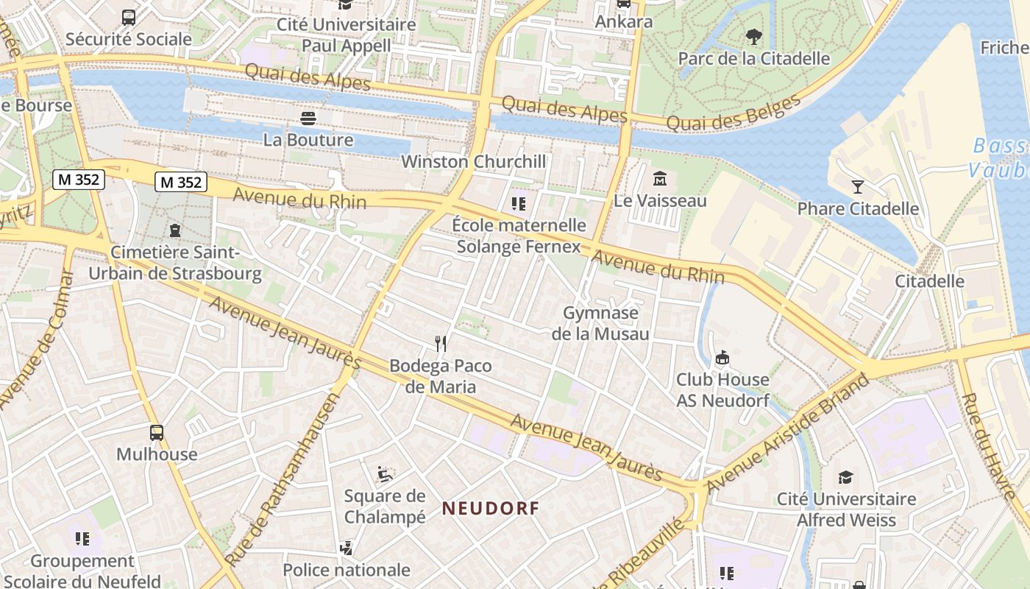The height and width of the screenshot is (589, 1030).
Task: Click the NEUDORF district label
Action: tap(491, 507)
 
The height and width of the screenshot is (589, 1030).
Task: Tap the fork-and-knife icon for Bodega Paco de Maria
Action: tap(441, 343)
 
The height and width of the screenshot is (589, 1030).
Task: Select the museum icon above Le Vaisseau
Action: tap(660, 178)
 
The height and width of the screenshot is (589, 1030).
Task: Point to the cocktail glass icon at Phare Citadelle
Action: tap(858, 186)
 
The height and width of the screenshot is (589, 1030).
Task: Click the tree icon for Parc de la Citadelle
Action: tap(753, 36)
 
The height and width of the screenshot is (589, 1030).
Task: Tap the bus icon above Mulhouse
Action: tap(157, 432)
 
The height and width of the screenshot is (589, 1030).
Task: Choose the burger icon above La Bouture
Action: tap(308, 118)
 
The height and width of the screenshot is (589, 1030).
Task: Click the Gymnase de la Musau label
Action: tap(600, 323)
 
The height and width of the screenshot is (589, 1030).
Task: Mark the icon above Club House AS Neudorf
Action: tap(722, 358)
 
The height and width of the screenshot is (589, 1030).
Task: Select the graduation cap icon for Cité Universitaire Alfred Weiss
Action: tap(846, 477)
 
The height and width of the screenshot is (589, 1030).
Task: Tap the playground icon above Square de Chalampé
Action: tap(384, 473)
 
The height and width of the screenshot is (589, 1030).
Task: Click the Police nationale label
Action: tap(347, 569)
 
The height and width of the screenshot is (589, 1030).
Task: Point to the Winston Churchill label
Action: tap(474, 161)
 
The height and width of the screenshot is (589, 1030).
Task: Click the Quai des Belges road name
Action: tap(733, 113)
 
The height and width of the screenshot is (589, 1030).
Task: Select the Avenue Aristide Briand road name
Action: tap(787, 433)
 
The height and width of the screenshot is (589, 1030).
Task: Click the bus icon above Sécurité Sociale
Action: tap(129, 17)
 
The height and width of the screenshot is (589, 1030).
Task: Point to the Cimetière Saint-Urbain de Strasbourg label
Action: tap(175, 263)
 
